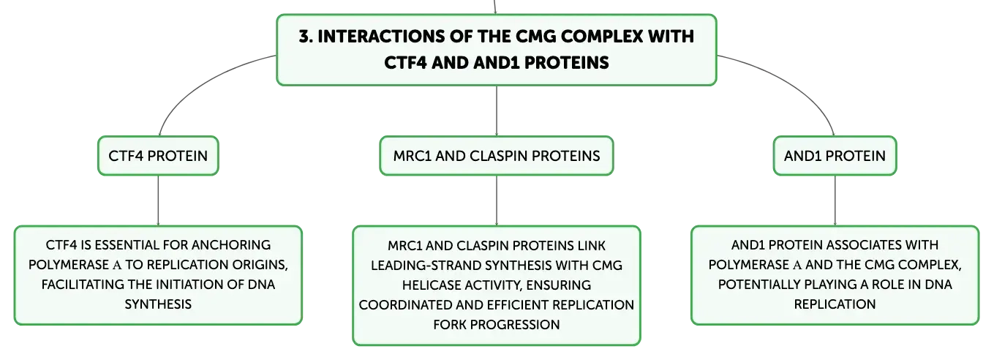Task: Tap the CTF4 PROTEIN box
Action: (x=158, y=156)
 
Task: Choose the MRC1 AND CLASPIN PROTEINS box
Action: (x=497, y=156)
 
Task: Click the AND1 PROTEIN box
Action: (x=835, y=156)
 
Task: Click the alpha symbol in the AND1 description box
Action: (x=797, y=266)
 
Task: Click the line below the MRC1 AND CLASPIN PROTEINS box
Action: (x=497, y=200)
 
